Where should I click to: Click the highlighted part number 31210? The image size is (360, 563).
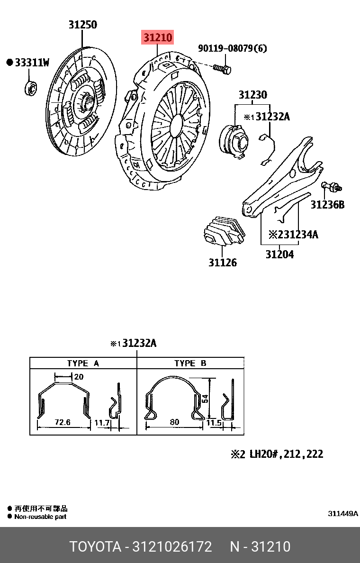(x=158, y=36)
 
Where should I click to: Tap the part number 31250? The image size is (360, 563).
(x=82, y=25)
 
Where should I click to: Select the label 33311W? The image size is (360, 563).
(x=32, y=63)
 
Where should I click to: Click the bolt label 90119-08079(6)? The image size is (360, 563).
(x=232, y=48)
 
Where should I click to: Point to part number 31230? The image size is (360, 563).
(x=252, y=95)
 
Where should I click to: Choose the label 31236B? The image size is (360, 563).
(x=327, y=205)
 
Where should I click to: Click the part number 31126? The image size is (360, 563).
(x=223, y=262)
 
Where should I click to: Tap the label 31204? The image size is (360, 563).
(x=279, y=254)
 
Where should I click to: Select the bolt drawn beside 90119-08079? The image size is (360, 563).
(x=222, y=69)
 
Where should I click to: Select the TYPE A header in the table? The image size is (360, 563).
(x=83, y=363)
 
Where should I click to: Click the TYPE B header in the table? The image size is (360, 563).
(x=190, y=363)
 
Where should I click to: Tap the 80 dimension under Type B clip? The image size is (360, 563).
(x=174, y=422)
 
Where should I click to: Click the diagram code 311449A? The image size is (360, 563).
(x=343, y=514)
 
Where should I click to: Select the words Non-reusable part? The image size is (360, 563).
(x=40, y=517)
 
